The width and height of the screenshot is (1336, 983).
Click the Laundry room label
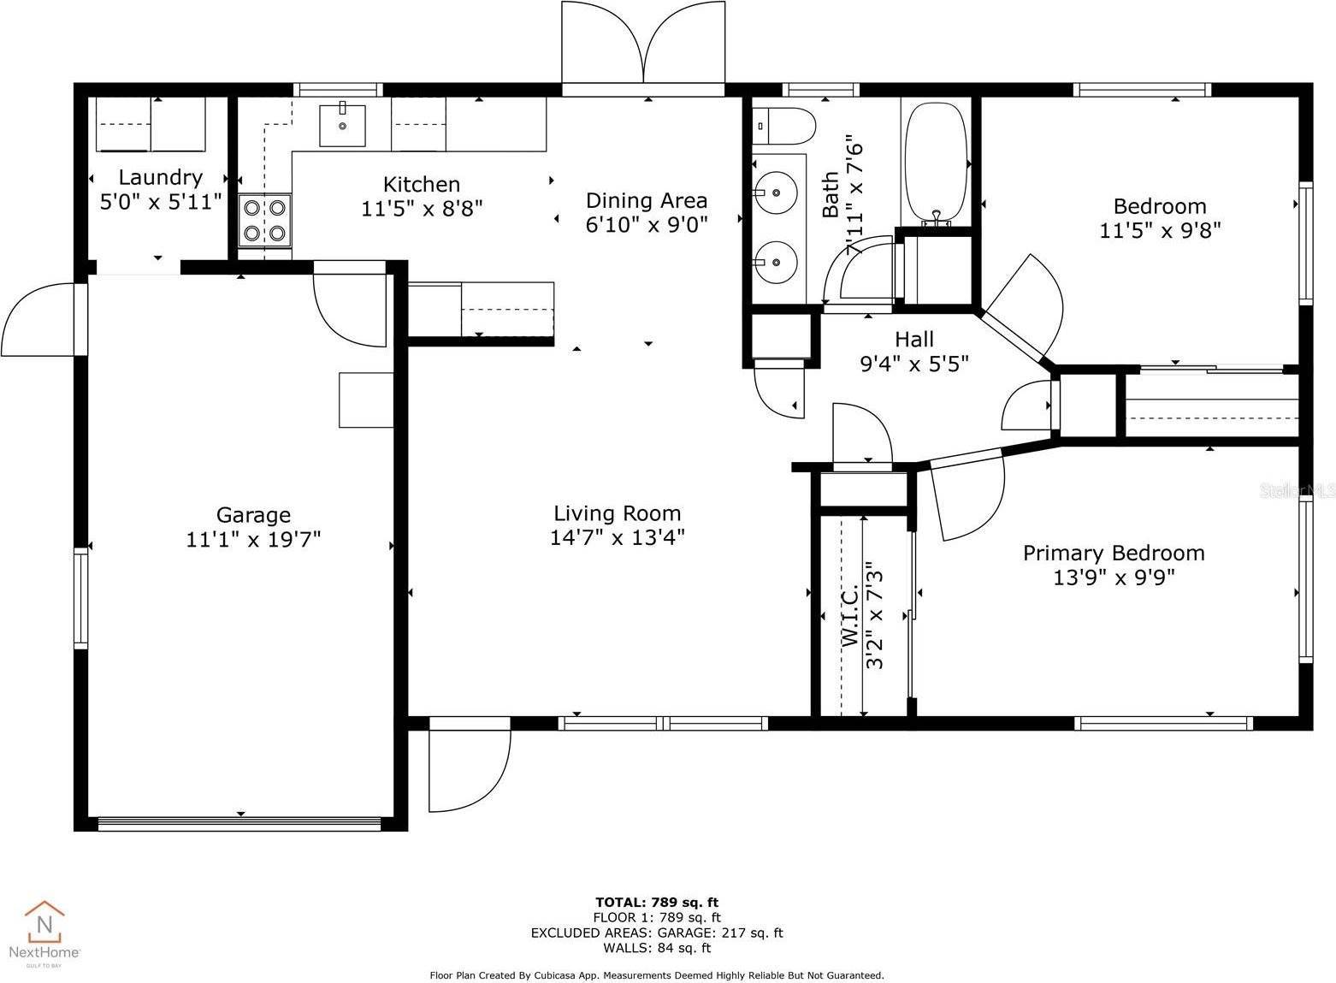(160, 177)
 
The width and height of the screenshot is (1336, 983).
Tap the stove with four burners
(265, 220)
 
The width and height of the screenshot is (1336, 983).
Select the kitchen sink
(342, 125)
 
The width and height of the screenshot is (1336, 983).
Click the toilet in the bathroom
(783, 126)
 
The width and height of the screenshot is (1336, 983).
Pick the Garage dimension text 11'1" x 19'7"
(253, 540)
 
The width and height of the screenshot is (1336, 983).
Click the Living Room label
(617, 513)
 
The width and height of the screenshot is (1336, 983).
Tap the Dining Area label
(647, 200)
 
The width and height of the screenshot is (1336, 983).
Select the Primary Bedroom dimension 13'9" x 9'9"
(1114, 577)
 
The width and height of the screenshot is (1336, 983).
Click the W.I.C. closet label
(849, 616)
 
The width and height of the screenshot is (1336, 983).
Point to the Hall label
(914, 340)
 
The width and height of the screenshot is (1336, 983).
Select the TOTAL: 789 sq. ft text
(656, 902)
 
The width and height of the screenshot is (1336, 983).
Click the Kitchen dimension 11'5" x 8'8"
(422, 209)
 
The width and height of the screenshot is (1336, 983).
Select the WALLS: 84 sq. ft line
(656, 948)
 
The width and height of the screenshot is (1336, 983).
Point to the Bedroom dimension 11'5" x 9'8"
(1159, 230)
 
